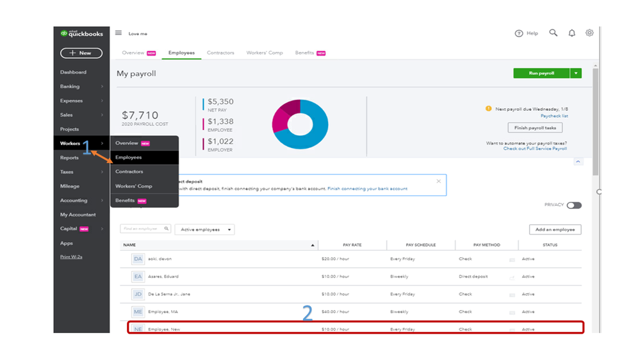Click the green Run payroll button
coord(541,74)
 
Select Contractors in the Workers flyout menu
coord(129,172)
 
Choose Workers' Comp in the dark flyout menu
coord(134,186)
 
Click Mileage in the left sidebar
coord(70,186)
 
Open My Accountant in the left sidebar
coord(78,215)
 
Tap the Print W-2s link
coord(71,257)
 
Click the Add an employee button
coord(555,229)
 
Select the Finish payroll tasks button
coord(534,128)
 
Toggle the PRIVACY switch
coord(573,205)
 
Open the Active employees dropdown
coord(204,229)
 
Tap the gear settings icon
coord(589,33)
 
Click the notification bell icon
coord(571,33)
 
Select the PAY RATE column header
coord(353,245)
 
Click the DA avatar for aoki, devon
coord(138,259)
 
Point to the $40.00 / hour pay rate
coord(335,312)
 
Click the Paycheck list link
coord(554,116)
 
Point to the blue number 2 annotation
coord(308,313)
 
